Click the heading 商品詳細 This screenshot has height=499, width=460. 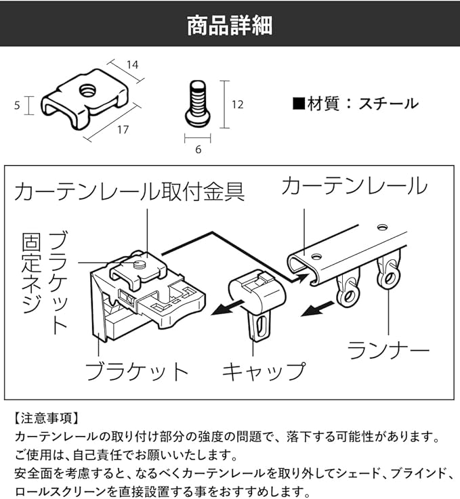[x=230, y=25]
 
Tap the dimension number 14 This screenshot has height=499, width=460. [x=132, y=65]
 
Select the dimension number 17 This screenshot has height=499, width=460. [x=123, y=129]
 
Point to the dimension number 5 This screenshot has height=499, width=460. [x=16, y=105]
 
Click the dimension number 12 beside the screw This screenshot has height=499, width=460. [x=236, y=105]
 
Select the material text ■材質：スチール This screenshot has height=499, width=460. [x=355, y=104]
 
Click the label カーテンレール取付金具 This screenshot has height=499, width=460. [x=129, y=191]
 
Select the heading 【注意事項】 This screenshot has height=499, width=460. [x=45, y=418]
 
